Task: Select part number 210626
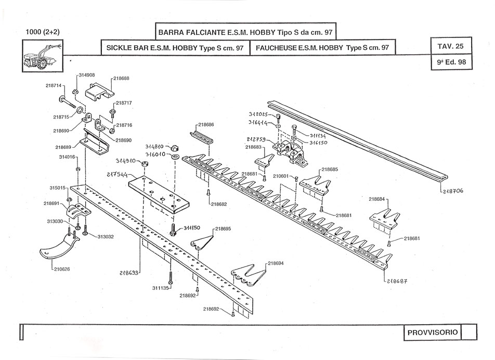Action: pos(61,269)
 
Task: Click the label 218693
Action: pos(130,273)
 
